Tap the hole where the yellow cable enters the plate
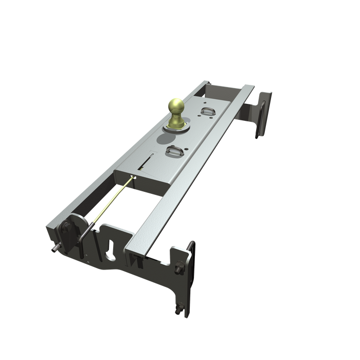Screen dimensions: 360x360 coord(134,178)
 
